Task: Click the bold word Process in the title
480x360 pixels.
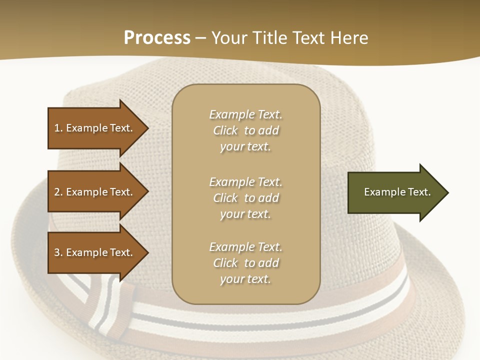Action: click(x=157, y=38)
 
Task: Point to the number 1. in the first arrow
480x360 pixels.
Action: click(x=58, y=128)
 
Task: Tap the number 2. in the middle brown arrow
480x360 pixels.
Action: click(x=58, y=192)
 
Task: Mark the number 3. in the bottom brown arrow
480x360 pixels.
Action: click(x=58, y=252)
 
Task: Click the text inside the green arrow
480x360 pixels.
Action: click(x=397, y=192)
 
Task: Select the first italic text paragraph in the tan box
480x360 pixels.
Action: click(x=245, y=130)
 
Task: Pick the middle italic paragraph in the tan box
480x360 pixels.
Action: click(x=245, y=198)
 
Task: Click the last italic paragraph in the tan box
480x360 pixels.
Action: click(x=245, y=263)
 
